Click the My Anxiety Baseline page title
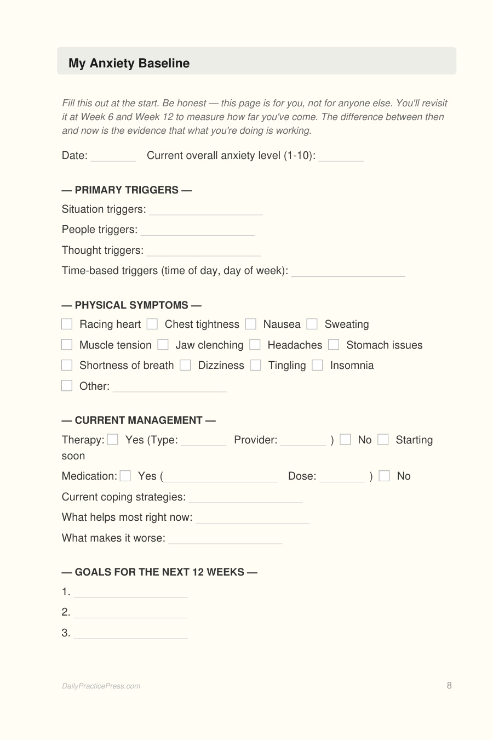coord(129,63)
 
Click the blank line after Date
coord(113,157)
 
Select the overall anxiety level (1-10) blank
coord(341,157)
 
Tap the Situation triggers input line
coord(205,210)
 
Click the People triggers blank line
coord(197,231)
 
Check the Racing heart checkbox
coord(67,324)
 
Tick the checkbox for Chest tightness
coord(152,324)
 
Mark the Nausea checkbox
coord(251,324)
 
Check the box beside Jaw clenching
coord(163,345)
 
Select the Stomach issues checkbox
coord(334,345)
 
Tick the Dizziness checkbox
coord(185,365)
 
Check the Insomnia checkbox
coord(317,365)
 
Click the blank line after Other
coord(169,388)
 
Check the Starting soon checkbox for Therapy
coord(383,440)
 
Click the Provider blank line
coord(302,441)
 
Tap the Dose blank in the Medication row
coord(341,477)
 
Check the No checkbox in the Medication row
coord(385,476)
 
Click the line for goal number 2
coord(130,613)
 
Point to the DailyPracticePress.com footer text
coord(101,686)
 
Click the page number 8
coord(449,685)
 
